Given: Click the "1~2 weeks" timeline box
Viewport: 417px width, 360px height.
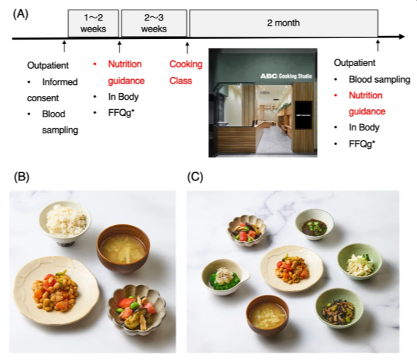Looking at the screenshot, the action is pos(93,23).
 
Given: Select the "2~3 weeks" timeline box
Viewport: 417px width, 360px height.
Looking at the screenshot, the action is pos(154,23).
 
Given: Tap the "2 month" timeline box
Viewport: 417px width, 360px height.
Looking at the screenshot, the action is pos(284,23).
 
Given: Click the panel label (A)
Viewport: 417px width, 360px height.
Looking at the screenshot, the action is pos(21,14).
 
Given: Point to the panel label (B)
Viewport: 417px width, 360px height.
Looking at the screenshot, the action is pos(21,177).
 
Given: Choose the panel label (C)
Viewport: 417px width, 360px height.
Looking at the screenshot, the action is pos(195,177).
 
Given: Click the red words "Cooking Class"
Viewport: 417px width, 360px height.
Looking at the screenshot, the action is pos(186,73).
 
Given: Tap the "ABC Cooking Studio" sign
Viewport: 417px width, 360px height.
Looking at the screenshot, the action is pos(286,76).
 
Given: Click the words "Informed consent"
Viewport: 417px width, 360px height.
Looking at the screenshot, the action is pos(52,90).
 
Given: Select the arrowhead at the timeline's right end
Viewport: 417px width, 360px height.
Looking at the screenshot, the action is pos(401,37).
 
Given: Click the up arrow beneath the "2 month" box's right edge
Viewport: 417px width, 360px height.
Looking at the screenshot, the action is pos(377,45).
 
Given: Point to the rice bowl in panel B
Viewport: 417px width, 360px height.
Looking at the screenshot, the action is pos(65,223).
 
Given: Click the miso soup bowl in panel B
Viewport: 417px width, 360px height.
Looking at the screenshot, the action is pos(123,249).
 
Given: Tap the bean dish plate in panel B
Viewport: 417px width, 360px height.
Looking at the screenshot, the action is pos(56,290).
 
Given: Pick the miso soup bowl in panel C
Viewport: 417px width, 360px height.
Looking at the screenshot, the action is pos(267,315).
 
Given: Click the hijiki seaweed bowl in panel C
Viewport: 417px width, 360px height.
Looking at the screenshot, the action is pos(339,308).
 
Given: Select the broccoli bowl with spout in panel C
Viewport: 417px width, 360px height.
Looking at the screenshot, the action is pos(226,277).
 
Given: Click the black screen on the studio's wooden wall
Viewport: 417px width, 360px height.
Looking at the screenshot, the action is pos(303,115).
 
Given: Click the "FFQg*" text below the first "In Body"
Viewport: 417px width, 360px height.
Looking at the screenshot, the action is pos(121,113).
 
